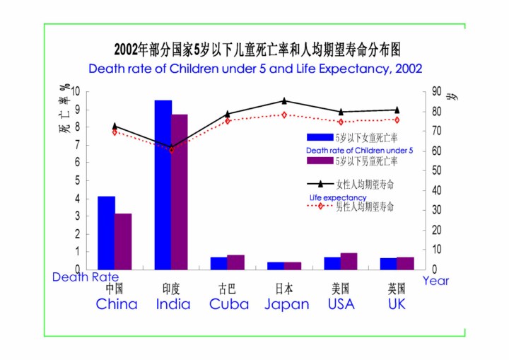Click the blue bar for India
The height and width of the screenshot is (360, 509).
tap(163, 185)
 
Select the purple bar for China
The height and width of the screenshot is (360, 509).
tap(123, 241)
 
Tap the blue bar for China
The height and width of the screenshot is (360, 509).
tap(106, 233)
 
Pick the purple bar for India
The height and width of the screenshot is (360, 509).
tap(180, 192)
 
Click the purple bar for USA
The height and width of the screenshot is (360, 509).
tap(349, 261)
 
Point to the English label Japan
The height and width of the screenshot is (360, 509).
tap(287, 305)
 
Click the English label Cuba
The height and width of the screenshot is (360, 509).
tap(229, 305)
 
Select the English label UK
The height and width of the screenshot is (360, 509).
tap(397, 305)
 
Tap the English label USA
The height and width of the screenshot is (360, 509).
tap(341, 305)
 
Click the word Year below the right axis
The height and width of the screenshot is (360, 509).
tap(435, 281)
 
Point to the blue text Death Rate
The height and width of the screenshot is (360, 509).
tap(86, 277)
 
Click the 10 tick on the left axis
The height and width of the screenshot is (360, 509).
tap(74, 91)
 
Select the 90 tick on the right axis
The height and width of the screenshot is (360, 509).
tap(436, 91)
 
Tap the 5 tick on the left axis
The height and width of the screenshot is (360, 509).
tap(77, 180)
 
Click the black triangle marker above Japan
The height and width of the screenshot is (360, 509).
tap(284, 101)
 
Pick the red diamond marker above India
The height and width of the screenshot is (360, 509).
tap(172, 149)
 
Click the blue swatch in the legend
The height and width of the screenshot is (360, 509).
tap(320, 137)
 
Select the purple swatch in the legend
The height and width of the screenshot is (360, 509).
tap(320, 161)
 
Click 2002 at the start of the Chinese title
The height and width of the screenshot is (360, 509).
tap(127, 50)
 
